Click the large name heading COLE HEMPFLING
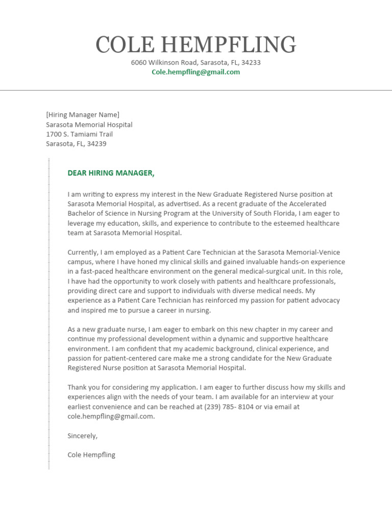(x=196, y=45)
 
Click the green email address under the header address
(x=196, y=72)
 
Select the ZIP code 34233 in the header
(x=251, y=63)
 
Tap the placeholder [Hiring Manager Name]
(x=83, y=115)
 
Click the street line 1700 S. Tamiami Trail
(x=79, y=134)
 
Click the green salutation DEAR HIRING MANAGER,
(x=111, y=173)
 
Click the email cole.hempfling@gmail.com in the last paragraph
(x=110, y=416)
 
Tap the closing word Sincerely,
(x=82, y=436)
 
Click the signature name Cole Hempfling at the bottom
(x=91, y=455)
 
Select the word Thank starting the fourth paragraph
(x=77, y=387)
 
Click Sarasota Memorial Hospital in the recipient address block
(x=89, y=124)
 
